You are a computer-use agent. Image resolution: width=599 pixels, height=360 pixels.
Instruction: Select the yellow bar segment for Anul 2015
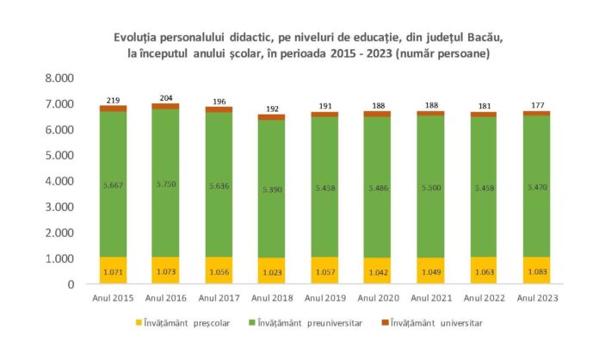tap(113, 270)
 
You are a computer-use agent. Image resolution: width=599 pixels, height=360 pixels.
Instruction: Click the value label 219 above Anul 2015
tap(113, 99)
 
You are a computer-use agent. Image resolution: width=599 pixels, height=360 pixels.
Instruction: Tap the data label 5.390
tap(277, 187)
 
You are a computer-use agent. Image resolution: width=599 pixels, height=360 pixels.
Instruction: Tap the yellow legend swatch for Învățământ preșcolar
tap(140, 323)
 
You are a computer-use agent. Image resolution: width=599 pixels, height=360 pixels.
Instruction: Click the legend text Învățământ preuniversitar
tap(321, 323)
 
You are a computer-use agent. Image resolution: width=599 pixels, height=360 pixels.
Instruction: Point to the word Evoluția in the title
tap(139, 39)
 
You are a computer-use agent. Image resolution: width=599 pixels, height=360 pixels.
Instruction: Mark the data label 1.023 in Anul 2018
tap(277, 273)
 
